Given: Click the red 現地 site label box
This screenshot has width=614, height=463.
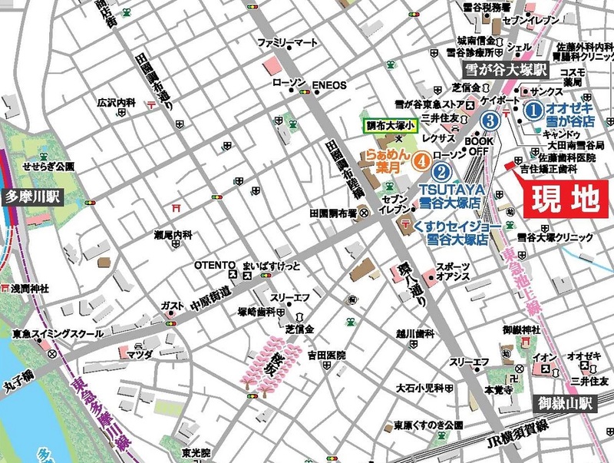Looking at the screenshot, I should click(x=563, y=199).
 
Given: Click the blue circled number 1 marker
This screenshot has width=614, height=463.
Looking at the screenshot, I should click(x=533, y=111).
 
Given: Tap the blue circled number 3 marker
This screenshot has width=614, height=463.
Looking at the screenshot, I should click(x=490, y=121).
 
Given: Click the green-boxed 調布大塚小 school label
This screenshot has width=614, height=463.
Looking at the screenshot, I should click(x=392, y=125).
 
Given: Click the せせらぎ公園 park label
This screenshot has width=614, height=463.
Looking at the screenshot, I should click(x=49, y=166).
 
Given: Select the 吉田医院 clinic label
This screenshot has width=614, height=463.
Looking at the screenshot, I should click(x=327, y=356).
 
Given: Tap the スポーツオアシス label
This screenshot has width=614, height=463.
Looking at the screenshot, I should click(x=453, y=272).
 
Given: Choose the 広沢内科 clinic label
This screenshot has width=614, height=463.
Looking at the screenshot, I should click(x=116, y=102).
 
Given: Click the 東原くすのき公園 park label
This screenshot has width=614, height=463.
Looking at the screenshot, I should click(x=428, y=425).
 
